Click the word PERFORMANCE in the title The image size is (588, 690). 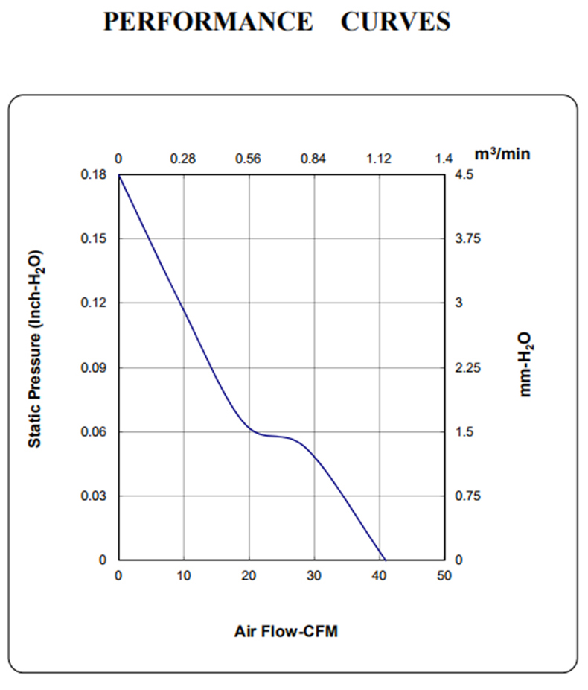[208, 22]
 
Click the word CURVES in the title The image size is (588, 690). [395, 22]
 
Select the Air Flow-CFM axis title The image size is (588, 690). [286, 632]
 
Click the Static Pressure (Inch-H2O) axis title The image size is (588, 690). [34, 348]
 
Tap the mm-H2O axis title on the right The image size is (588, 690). [526, 364]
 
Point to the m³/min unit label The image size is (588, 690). [503, 154]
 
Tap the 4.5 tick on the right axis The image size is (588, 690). [461, 174]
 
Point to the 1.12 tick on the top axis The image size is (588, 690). [378, 158]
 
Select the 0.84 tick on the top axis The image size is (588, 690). [313, 158]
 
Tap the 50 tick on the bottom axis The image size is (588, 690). [444, 576]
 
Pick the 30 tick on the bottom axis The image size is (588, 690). [314, 576]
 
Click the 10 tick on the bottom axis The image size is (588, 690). [184, 576]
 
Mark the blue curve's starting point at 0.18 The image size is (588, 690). [119, 175]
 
